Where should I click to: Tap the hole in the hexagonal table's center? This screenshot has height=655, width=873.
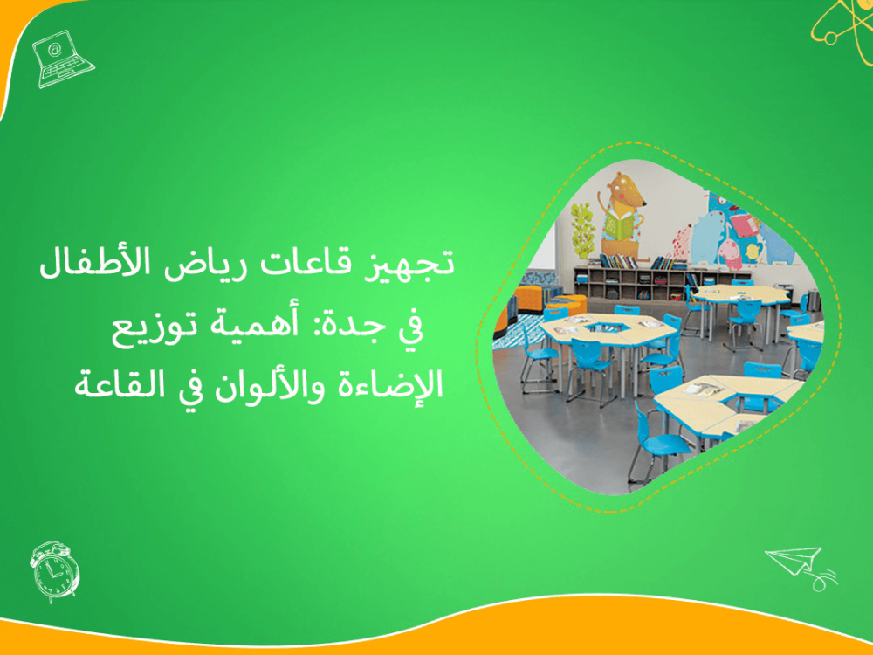point(602,327)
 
